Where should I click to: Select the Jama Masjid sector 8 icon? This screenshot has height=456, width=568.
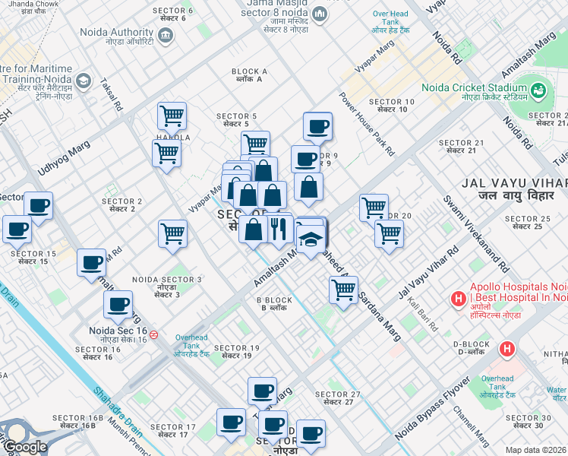click(320, 14)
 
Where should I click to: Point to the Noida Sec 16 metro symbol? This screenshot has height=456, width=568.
click(154, 334)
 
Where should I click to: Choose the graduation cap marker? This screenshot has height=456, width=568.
click(311, 240)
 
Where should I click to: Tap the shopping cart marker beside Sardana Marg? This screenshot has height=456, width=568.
click(343, 290)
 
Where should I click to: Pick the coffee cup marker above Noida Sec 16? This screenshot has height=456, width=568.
click(118, 306)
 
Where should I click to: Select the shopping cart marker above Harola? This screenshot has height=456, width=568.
click(172, 116)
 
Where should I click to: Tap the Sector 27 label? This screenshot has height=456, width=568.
click(337, 398)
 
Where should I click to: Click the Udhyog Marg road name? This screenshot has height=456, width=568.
click(65, 156)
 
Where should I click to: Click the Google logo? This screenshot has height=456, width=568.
click(24, 447)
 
